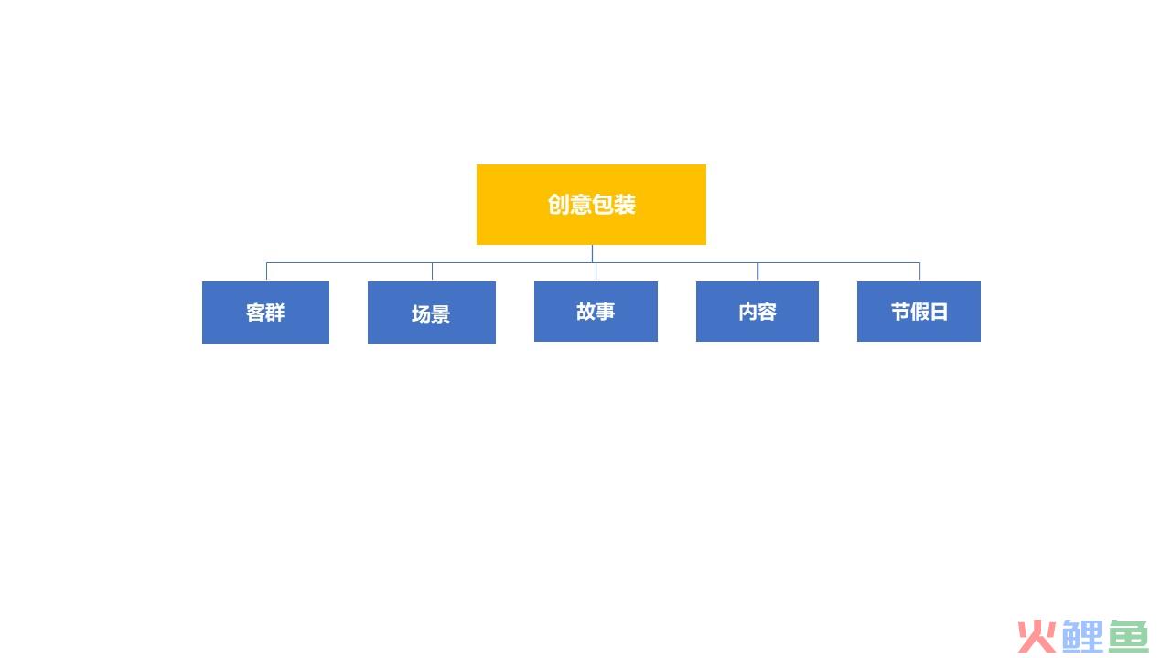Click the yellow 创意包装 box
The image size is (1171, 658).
click(591, 205)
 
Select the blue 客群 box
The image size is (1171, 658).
click(265, 313)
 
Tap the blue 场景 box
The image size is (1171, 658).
click(432, 313)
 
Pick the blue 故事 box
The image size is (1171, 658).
click(596, 312)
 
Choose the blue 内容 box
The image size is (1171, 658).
click(757, 312)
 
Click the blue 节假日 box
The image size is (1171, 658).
click(919, 312)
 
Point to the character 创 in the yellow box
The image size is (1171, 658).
click(558, 204)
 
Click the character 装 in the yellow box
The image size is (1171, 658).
click(625, 204)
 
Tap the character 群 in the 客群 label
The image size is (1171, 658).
click(275, 313)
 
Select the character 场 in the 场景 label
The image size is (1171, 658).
click(421, 313)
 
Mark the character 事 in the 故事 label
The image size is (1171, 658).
click(606, 312)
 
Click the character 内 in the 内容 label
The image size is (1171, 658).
click(747, 312)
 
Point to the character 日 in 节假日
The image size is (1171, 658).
click(939, 312)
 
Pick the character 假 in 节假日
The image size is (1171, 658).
click(919, 312)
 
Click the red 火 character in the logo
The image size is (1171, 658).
click(1037, 637)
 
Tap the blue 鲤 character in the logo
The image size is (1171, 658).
click(1082, 636)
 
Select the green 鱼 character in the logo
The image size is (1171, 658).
click(1128, 636)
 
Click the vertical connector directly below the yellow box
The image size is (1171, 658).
click(592, 254)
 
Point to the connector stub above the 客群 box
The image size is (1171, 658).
click(266, 271)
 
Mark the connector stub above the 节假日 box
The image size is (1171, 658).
click(919, 271)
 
